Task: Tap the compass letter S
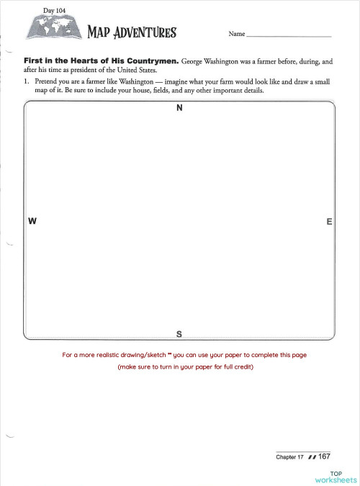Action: pyautogui.click(x=179, y=334)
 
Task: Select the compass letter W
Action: pyautogui.click(x=32, y=222)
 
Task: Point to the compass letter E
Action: pyautogui.click(x=329, y=222)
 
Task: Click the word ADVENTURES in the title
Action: pyautogui.click(x=144, y=32)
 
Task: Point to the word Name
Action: pyautogui.click(x=237, y=34)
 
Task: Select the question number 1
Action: pyautogui.click(x=26, y=82)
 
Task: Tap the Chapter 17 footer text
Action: pyautogui.click(x=289, y=457)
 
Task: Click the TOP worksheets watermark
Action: pyautogui.click(x=336, y=476)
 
